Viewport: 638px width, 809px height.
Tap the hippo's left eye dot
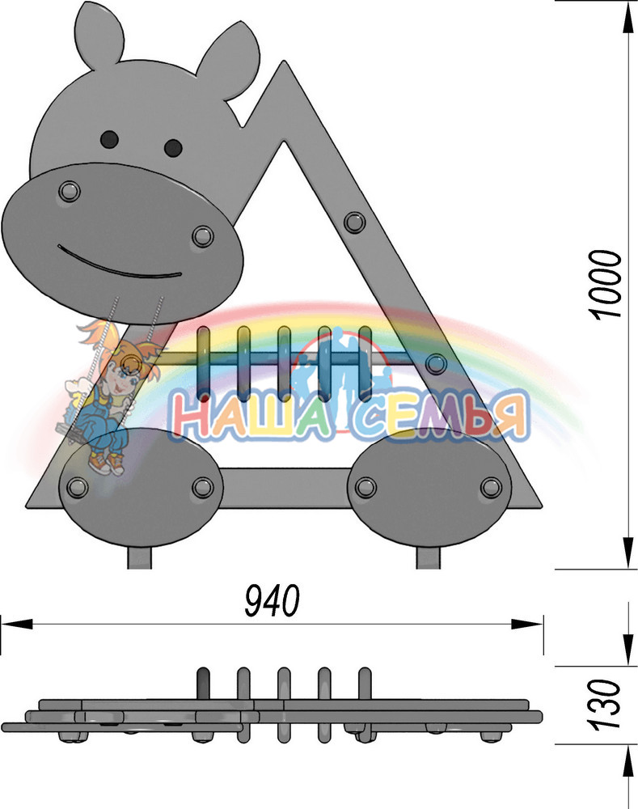109,139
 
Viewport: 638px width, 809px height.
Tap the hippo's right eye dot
173,147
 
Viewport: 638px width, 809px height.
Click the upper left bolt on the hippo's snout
69,192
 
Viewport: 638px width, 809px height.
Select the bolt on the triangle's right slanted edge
355,223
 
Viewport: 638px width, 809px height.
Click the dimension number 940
272,600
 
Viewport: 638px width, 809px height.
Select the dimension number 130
604,705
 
